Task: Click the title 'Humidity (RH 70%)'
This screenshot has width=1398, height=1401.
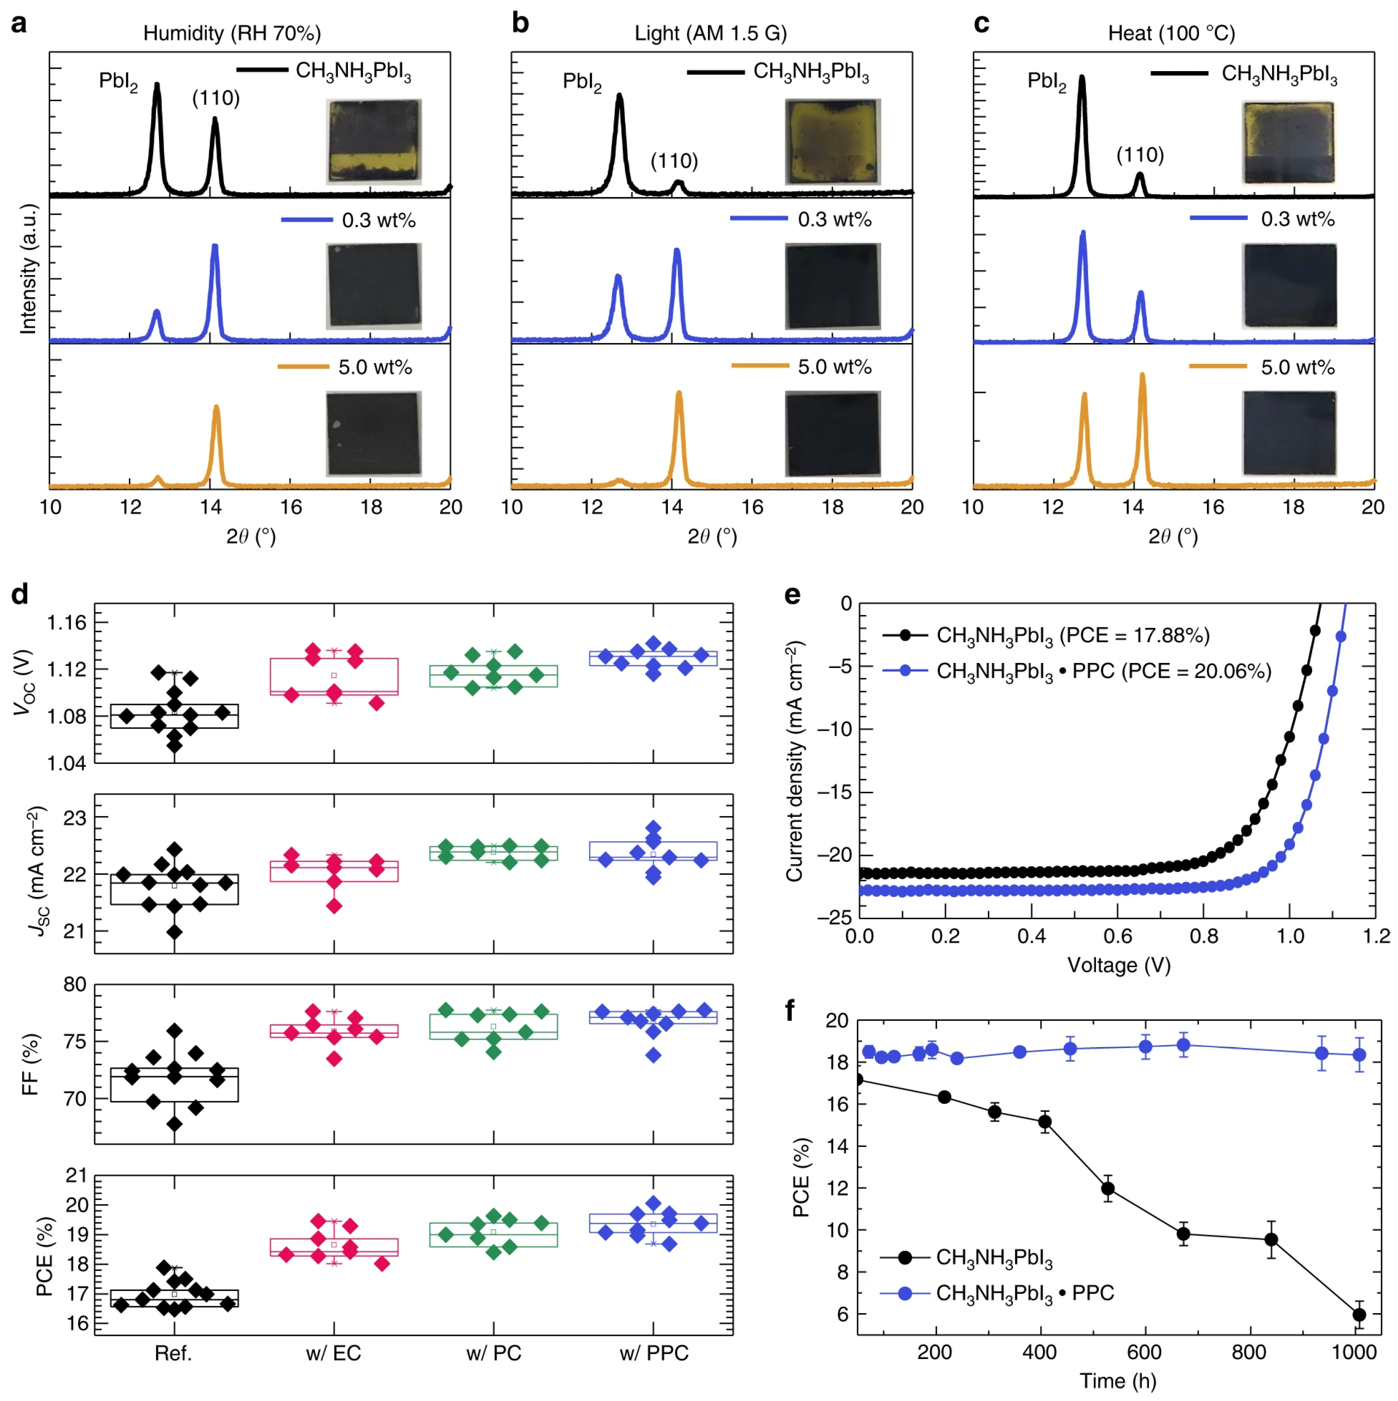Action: coord(232,34)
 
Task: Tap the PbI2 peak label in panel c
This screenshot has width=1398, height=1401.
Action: coord(1047,81)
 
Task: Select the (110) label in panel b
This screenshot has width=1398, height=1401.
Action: coord(674,161)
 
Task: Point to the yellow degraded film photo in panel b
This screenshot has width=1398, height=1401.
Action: coord(832,141)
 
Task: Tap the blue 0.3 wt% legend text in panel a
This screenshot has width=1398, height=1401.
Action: coord(379,221)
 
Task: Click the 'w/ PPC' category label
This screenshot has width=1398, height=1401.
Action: coord(653,1353)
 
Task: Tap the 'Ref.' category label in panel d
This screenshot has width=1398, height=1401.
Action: coord(173,1353)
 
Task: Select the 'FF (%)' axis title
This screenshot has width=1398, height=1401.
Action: coord(31,1064)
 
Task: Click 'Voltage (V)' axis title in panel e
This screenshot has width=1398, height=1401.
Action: coord(1119,965)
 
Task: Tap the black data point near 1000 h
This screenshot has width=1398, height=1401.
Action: coord(1359,1315)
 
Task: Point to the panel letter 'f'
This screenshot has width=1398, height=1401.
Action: coord(790,1010)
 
